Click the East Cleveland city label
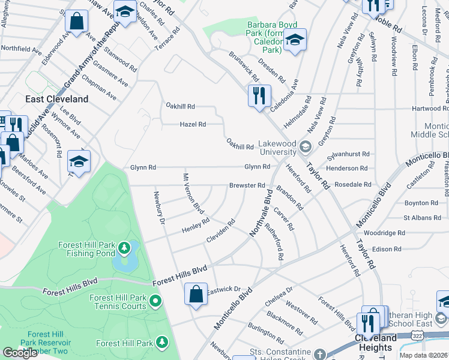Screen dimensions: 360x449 pyautogui.click(x=56, y=99)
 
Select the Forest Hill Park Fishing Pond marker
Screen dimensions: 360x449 pyautogui.click(x=124, y=247)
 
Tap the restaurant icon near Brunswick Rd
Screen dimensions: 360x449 pyautogui.click(x=259, y=95)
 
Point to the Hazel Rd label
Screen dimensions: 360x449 pyautogui.click(x=193, y=125)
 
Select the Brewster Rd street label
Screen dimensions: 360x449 pyautogui.click(x=247, y=185)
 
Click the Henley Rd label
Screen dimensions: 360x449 pyautogui.click(x=196, y=226)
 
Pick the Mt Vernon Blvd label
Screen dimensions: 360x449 pyautogui.click(x=193, y=193)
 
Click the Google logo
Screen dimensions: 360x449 pyautogui.click(x=20, y=352)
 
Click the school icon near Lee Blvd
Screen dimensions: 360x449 pyautogui.click(x=79, y=161)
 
